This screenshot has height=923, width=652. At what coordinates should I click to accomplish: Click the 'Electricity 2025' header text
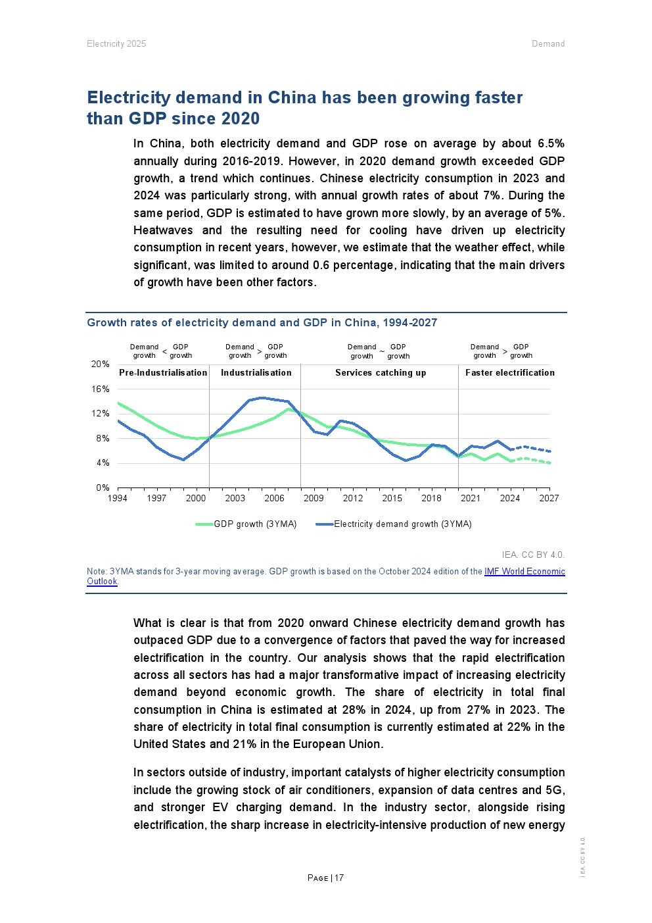click(x=116, y=44)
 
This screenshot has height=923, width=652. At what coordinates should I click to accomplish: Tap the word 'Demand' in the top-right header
click(x=548, y=44)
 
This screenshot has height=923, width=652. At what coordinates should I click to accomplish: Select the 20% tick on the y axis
click(x=101, y=364)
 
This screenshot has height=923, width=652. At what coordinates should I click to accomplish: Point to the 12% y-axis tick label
click(x=101, y=414)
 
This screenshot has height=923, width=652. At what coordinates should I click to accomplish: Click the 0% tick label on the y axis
click(x=103, y=488)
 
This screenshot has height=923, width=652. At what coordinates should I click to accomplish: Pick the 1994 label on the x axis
click(x=118, y=498)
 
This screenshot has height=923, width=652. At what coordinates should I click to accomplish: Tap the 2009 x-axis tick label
click(x=314, y=498)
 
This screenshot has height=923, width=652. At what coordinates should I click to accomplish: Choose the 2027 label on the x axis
click(x=549, y=498)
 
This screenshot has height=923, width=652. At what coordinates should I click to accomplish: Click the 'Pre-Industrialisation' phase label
click(x=163, y=373)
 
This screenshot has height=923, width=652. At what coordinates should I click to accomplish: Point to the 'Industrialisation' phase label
click(x=256, y=373)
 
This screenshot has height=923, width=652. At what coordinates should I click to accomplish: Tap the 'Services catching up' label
click(x=381, y=373)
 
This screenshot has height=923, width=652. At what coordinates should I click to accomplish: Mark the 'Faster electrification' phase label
click(x=510, y=373)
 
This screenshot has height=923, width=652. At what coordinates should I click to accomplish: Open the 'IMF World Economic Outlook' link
click(x=524, y=572)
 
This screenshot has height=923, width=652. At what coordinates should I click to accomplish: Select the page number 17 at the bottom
click(x=339, y=878)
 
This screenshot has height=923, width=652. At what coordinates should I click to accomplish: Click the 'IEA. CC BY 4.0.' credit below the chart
click(x=533, y=555)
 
